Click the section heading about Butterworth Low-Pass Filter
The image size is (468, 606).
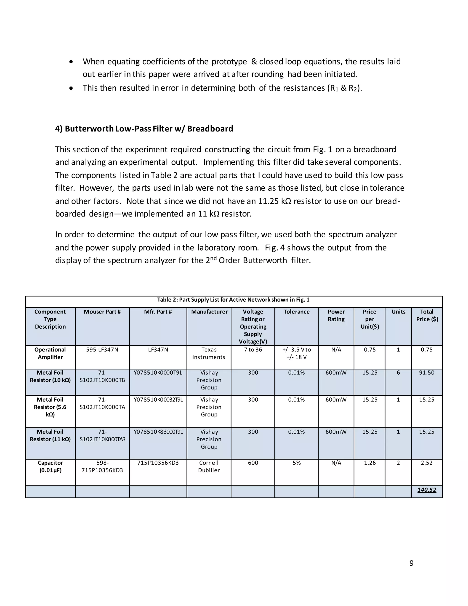pos(144,129)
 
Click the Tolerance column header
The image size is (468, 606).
pos(296,312)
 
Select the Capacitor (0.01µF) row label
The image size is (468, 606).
pos(50,467)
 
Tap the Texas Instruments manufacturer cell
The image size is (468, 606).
pos(209,353)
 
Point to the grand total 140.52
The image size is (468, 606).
pos(426,490)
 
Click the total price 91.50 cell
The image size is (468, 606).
pos(426,373)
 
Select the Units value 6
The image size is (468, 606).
pos(398,373)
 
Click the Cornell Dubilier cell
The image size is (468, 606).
pos(209,467)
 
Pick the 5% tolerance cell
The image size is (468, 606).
pos(296,463)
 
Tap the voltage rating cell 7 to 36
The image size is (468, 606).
pos(253,350)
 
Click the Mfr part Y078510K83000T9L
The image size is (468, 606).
pos(158,432)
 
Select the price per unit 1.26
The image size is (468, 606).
pos(370,463)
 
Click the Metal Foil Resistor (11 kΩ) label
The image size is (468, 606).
pos(50,435)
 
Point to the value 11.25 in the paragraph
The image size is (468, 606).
pos(268,201)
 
